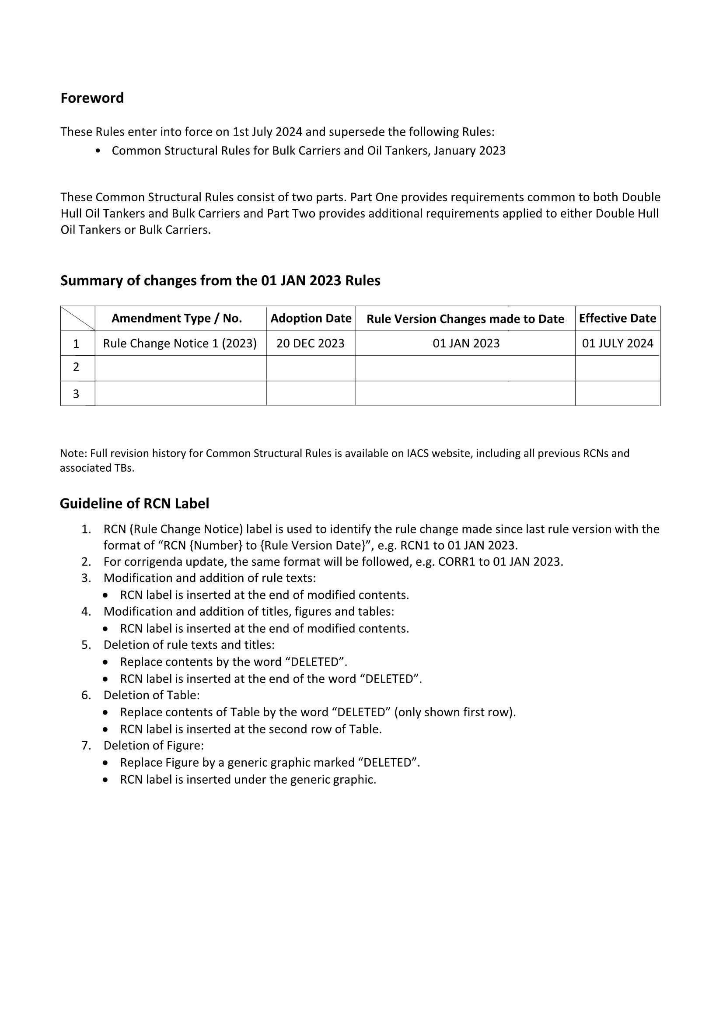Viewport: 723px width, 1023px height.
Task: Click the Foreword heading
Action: point(92,98)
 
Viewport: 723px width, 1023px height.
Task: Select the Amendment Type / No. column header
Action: point(176,318)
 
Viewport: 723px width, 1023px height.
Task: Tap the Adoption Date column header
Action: point(311,318)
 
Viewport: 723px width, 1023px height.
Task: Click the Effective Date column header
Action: point(618,318)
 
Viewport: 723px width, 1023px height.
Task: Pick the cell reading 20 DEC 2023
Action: point(311,343)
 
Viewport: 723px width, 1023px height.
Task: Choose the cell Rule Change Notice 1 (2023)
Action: point(180,343)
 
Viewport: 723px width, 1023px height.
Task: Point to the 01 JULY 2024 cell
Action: point(618,343)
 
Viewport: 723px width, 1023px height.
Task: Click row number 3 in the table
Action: point(76,394)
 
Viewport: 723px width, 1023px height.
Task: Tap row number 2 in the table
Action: point(76,367)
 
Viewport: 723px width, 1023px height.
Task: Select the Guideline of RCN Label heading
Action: point(135,504)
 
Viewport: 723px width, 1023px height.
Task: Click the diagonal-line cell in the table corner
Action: point(77,318)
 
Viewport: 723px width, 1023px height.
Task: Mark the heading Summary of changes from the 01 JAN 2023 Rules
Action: point(220,281)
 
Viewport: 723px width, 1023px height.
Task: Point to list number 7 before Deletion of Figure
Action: point(86,746)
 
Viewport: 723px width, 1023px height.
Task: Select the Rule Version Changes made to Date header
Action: point(465,319)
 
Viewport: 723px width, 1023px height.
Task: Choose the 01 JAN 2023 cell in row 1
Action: point(466,343)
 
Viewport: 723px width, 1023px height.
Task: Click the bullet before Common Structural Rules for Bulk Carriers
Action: point(98,151)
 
